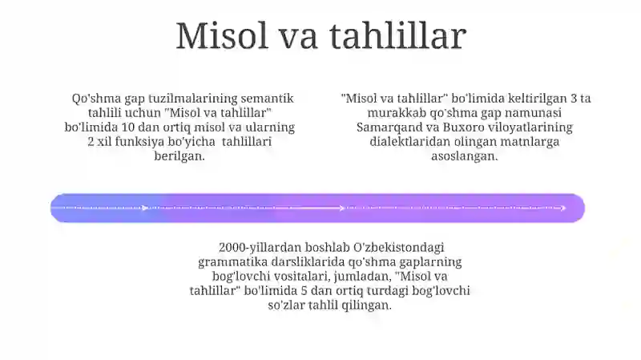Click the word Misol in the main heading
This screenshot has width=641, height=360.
[221, 35]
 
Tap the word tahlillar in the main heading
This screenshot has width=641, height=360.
[397, 35]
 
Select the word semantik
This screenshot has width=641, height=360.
[268, 98]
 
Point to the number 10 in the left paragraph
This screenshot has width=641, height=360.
[128, 127]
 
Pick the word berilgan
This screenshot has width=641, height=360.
[179, 156]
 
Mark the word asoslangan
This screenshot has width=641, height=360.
[465, 156]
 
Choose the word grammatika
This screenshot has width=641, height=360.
[232, 262]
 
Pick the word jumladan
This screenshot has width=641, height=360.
[363, 277]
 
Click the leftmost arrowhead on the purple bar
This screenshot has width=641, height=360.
[145, 208]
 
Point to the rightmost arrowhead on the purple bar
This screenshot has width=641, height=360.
[563, 208]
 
